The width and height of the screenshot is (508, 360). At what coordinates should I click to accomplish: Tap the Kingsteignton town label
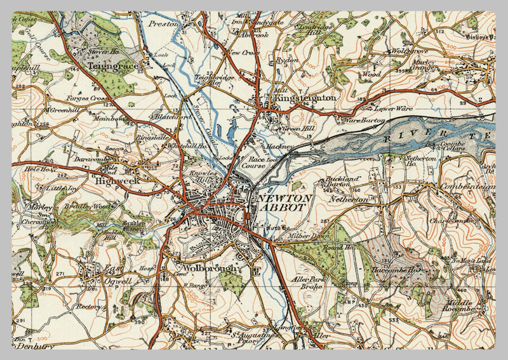302,99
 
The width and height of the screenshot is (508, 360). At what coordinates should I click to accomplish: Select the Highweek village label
116,181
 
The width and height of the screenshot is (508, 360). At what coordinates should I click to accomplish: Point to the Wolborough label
210,269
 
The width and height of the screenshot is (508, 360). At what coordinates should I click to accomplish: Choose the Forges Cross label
87,99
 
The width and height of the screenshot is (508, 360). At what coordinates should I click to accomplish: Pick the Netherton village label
348,200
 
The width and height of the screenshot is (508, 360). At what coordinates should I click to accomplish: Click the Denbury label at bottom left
29,348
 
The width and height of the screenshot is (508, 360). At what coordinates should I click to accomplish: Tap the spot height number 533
394,320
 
